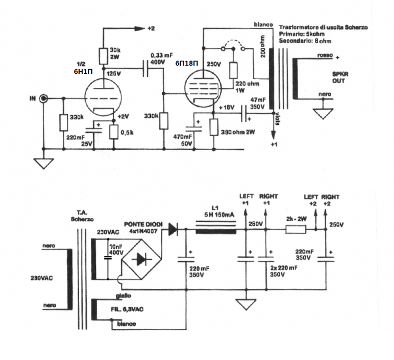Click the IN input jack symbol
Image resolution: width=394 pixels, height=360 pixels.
44,98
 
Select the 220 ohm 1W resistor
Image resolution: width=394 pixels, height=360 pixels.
234,71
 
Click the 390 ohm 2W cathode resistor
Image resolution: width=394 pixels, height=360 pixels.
214,127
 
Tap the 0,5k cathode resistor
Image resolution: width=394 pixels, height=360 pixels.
114,131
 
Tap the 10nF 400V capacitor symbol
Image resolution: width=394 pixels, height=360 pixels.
107,257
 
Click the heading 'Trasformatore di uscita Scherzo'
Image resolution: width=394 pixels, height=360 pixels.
323,27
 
